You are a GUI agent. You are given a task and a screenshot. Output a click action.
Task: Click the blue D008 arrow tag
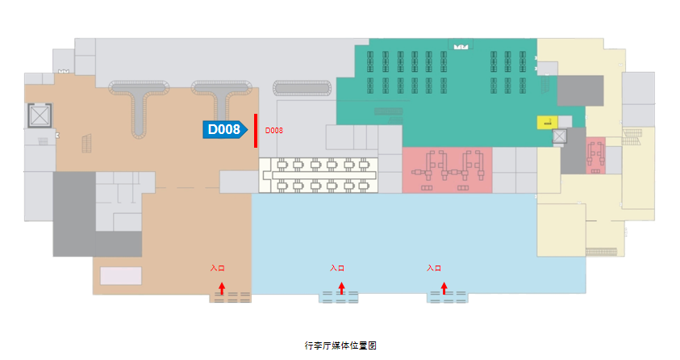(x=224, y=129)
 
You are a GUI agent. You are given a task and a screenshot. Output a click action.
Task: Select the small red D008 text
(x=274, y=130)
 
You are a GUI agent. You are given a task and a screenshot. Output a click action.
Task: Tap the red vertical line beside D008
(x=255, y=131)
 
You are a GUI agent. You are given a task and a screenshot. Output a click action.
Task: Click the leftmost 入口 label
(x=216, y=268)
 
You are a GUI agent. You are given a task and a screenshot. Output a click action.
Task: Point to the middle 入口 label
(x=337, y=268)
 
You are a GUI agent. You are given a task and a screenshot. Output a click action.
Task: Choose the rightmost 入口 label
(x=434, y=268)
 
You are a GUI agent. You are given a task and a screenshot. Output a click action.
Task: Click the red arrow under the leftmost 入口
(x=222, y=287)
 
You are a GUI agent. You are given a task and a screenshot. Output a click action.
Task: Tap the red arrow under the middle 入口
(x=341, y=287)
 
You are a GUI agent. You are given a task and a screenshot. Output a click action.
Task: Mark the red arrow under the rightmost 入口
(x=444, y=287)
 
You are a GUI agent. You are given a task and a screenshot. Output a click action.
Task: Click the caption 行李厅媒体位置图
(x=340, y=345)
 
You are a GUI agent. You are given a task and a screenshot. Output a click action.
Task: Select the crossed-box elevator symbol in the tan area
(x=39, y=117)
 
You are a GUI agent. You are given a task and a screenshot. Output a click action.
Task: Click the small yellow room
(x=548, y=123)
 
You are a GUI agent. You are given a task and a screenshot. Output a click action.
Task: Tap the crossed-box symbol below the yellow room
(x=558, y=137)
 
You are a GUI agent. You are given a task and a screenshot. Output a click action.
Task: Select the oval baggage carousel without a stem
(x=302, y=88)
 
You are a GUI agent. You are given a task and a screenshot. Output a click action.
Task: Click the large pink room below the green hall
(x=447, y=170)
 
